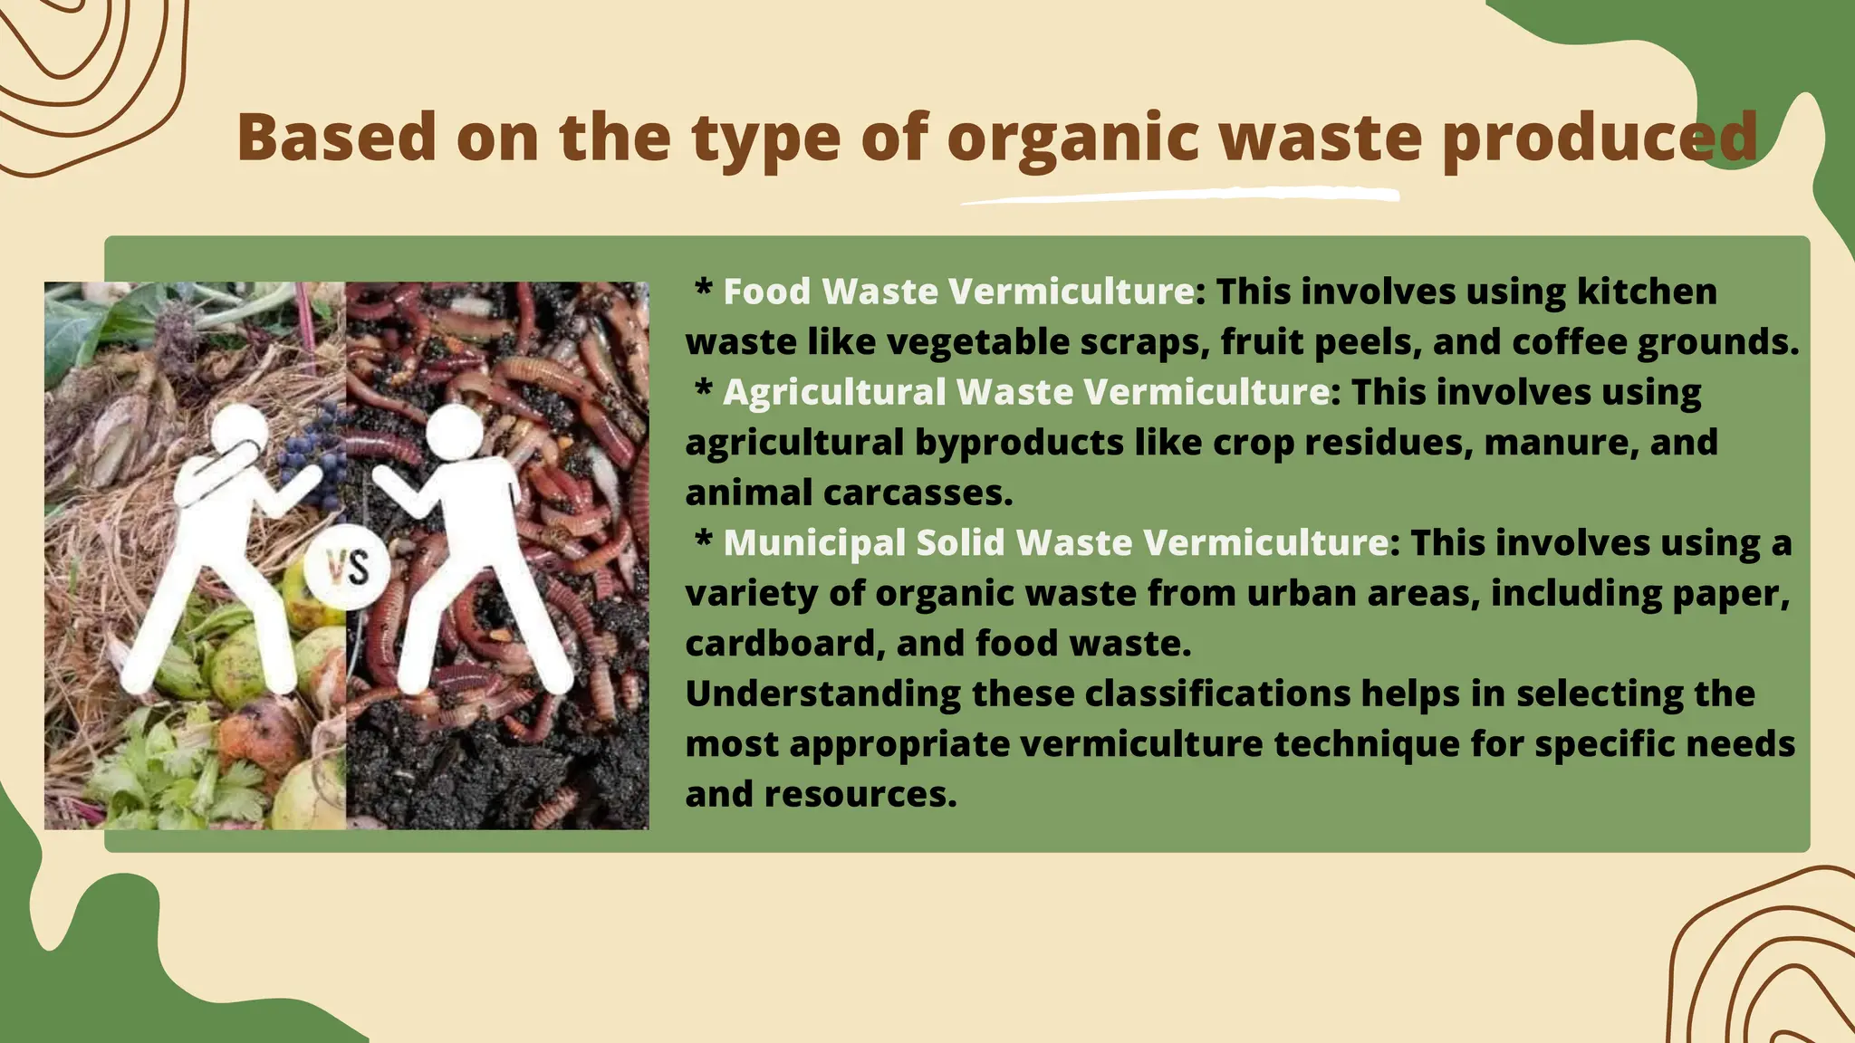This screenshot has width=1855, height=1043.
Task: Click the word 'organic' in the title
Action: point(1072,138)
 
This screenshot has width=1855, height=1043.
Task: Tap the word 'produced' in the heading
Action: point(1599,138)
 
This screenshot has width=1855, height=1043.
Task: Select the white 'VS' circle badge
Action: point(347,568)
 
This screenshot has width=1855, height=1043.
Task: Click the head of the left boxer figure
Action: point(238,433)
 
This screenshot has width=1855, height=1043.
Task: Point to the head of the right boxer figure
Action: point(454,432)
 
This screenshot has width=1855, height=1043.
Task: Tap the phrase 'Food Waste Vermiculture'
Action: point(958,292)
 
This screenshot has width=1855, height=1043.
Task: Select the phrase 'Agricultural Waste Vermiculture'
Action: point(1026,392)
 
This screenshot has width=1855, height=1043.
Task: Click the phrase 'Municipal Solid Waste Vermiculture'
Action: point(1055,542)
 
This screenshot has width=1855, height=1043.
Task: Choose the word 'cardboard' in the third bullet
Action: point(780,643)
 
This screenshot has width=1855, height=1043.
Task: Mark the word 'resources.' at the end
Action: point(860,794)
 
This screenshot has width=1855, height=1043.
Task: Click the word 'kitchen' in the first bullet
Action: point(1647,292)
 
